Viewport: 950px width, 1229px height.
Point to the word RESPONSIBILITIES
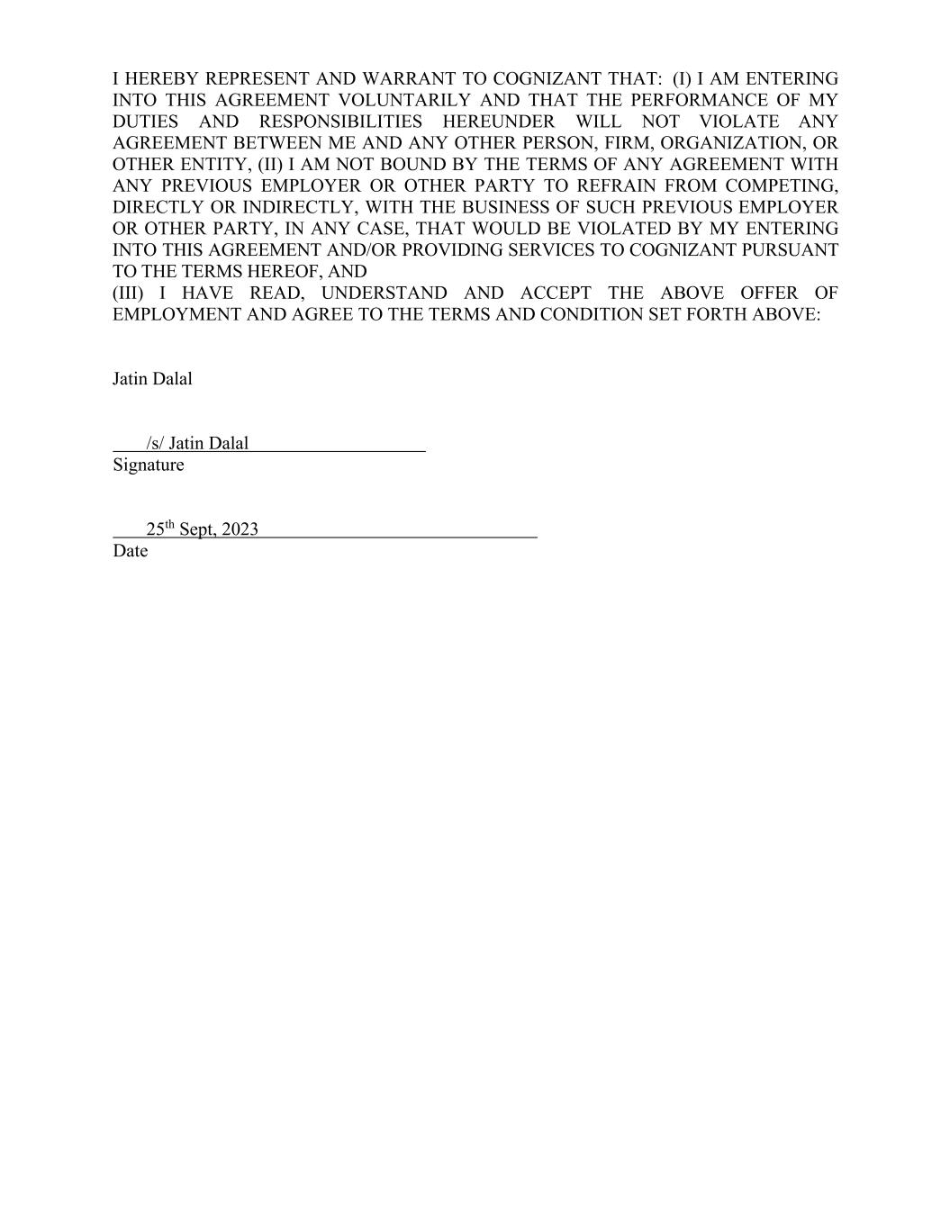coord(340,122)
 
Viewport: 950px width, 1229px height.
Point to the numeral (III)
coord(128,294)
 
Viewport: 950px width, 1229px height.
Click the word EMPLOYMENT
coord(170,315)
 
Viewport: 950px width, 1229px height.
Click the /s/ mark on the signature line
coord(155,443)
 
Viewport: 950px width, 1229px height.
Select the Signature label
coord(149,465)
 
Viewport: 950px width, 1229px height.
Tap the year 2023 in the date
coord(240,529)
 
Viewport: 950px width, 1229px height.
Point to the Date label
coord(130,551)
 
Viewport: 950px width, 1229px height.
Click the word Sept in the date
coord(196,529)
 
